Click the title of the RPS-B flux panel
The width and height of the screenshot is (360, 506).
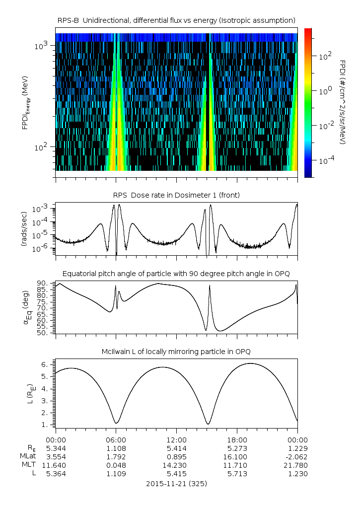(177, 20)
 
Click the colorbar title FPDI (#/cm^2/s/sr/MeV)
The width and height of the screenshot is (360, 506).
(343, 102)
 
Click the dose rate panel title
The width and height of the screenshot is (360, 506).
(177, 195)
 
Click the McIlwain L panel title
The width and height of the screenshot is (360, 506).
(177, 352)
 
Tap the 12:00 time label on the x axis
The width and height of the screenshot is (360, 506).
(177, 439)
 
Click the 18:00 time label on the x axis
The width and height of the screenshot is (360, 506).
(237, 439)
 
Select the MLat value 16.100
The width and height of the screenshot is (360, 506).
(237, 456)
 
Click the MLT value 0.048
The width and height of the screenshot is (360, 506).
(116, 465)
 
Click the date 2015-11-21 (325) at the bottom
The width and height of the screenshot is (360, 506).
(177, 483)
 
